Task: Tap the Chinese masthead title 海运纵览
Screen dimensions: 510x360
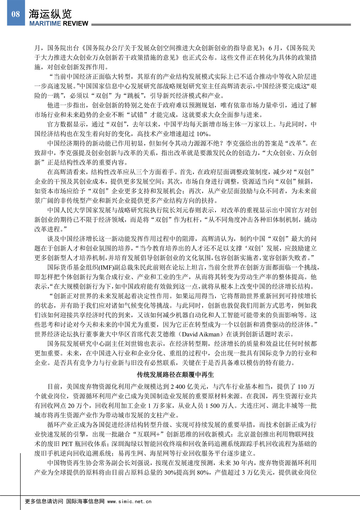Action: coord(50,13)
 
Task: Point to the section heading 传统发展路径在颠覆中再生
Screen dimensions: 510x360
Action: coord(175,375)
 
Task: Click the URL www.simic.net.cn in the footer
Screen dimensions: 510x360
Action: coord(129,501)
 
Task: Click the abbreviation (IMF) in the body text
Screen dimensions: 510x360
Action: coord(105,267)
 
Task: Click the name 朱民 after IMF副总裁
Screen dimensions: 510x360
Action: coord(143,267)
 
